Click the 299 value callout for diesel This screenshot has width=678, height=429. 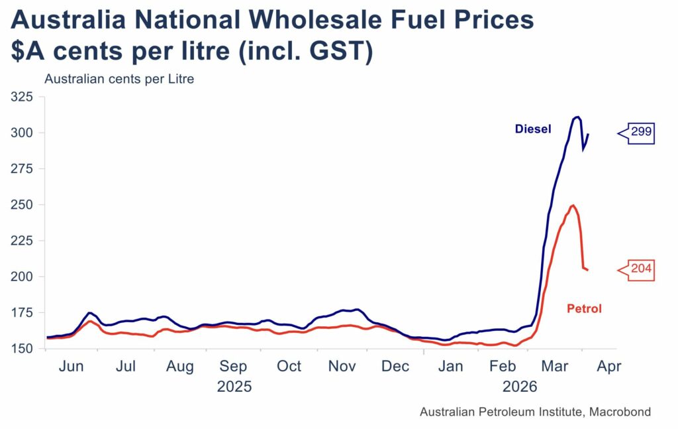click(x=640, y=133)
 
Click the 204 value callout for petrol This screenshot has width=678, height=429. click(x=640, y=270)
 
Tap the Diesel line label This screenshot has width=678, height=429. click(x=532, y=129)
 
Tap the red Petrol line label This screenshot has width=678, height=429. click(x=584, y=308)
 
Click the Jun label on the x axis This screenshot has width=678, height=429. click(x=72, y=366)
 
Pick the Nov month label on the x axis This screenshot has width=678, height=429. click(x=342, y=366)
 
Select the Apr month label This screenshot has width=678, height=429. click(x=609, y=366)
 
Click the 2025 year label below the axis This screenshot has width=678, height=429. click(x=234, y=386)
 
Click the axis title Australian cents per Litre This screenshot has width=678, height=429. click(x=119, y=79)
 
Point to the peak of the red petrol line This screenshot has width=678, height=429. click(x=572, y=205)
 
